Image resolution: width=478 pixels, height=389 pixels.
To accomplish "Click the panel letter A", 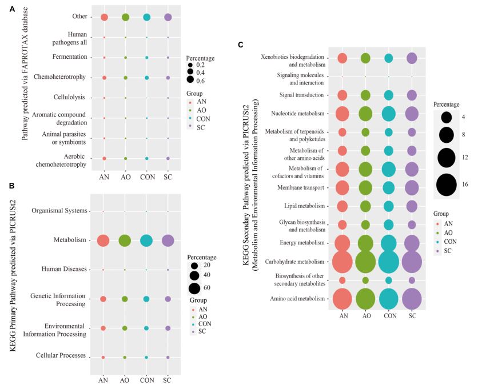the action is point(12,10).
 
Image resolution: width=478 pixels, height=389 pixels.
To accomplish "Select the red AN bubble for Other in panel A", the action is point(104,17).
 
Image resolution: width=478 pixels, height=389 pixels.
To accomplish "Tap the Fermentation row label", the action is point(70,57).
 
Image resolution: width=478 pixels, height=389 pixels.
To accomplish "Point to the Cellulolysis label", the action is point(69,97).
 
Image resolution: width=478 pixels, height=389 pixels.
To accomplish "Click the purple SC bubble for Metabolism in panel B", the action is point(168,240).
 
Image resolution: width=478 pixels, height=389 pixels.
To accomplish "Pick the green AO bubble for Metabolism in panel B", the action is point(125,240).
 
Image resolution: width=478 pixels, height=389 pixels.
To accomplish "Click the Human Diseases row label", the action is point(64,269).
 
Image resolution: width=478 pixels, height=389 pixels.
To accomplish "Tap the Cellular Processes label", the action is point(61,355).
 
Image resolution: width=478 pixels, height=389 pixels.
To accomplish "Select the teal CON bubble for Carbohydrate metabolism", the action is point(389,262).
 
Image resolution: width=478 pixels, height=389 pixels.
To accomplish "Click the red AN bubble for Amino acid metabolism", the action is point(342,299).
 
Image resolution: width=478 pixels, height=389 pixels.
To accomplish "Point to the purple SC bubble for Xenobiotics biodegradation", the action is point(412,58).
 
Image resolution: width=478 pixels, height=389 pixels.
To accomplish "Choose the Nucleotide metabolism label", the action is point(298,113).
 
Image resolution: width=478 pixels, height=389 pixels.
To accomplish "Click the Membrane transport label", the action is point(301,188).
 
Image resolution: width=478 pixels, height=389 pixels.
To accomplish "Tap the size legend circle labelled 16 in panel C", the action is point(447,185).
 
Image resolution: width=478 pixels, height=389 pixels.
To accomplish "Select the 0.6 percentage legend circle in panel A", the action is point(190,80).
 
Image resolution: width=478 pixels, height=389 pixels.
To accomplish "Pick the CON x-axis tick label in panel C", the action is point(390,316).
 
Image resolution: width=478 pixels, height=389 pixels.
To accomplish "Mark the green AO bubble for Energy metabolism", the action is point(365,243).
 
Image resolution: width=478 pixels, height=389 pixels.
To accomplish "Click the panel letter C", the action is point(241,45).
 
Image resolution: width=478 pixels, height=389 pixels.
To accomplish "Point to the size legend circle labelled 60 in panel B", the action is point(194,288).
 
